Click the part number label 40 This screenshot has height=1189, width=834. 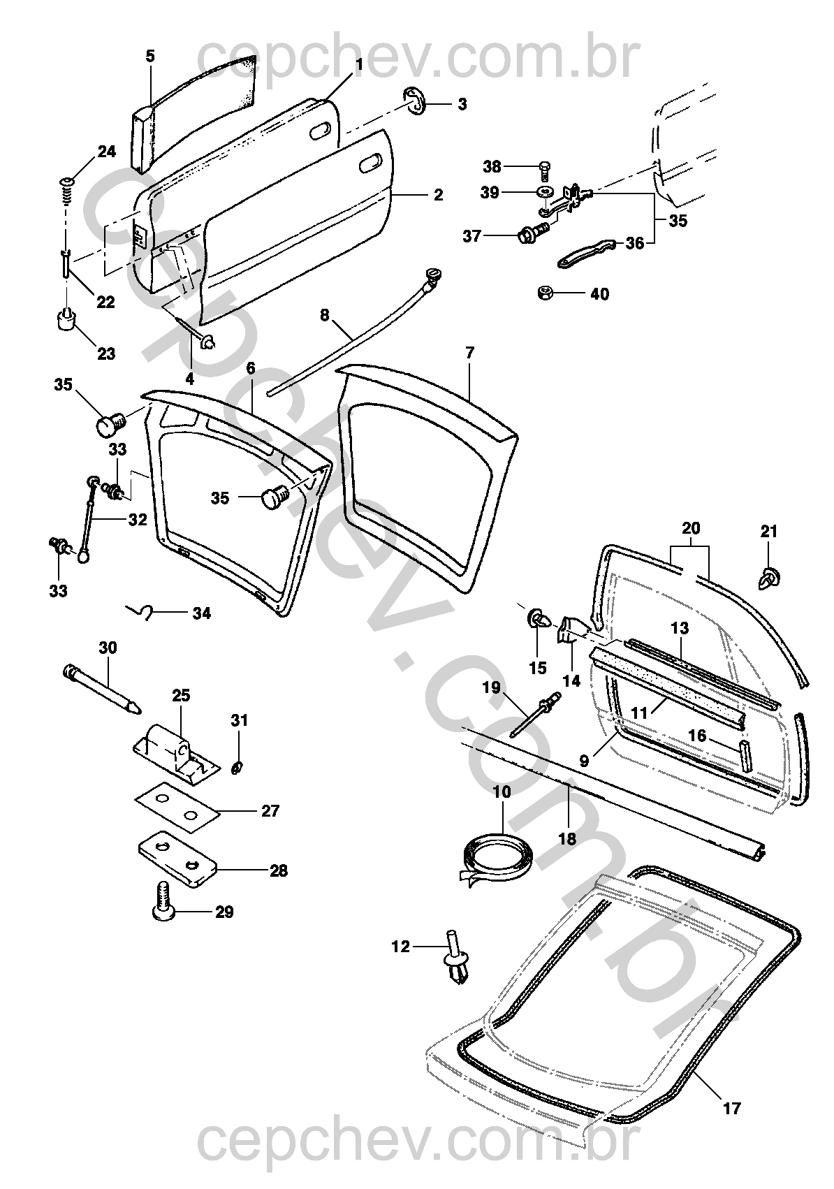click(x=599, y=294)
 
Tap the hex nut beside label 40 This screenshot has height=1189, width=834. click(x=545, y=293)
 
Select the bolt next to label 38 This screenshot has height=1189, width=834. click(x=545, y=169)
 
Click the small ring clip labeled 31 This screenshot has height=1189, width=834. click(x=237, y=768)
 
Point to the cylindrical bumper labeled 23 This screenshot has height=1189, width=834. click(x=67, y=322)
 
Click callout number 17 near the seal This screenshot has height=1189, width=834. click(x=732, y=1108)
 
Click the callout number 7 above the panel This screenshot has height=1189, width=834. click(x=469, y=353)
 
